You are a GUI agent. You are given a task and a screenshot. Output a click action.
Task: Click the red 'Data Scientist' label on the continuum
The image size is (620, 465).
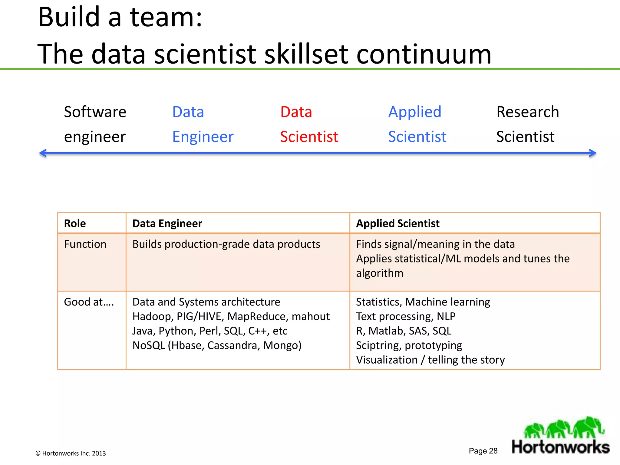309,124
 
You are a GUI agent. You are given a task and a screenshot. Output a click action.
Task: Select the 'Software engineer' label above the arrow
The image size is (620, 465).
95,124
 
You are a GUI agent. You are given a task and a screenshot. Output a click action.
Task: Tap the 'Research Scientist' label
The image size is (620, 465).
527,124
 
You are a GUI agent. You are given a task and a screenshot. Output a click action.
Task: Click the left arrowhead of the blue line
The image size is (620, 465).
43,153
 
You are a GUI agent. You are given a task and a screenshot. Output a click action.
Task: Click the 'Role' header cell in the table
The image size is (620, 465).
75,223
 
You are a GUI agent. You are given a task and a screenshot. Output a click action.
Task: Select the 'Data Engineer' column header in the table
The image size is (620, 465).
167,223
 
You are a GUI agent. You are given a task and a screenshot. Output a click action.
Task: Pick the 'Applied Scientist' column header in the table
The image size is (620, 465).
397,223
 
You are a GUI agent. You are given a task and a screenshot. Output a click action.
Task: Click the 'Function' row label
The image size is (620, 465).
85,244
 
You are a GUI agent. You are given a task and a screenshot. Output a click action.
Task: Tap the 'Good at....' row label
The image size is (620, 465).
89,302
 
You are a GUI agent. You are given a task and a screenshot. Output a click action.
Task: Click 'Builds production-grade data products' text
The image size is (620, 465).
226,244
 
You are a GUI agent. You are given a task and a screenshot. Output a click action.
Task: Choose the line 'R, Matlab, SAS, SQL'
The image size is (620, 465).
404,331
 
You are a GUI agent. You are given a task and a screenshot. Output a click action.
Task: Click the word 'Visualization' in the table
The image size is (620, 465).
387,360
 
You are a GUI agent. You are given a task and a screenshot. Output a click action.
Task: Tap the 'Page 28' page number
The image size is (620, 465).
483,451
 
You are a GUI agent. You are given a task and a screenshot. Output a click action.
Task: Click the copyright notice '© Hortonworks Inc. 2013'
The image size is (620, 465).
71,453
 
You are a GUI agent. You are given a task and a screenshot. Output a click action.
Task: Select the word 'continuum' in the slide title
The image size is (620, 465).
424,54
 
